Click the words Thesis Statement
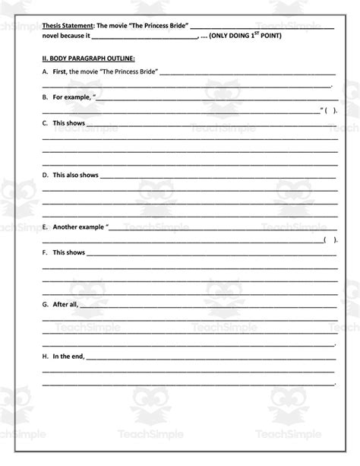click(64, 26)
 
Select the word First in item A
click(59, 72)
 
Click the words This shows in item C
click(68, 123)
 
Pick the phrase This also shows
click(75, 175)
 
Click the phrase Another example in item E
click(79, 227)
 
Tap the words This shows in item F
click(68, 252)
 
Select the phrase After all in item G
click(65, 304)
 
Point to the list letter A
click(45, 72)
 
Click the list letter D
click(45, 175)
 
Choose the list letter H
click(45, 356)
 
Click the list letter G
click(45, 304)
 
